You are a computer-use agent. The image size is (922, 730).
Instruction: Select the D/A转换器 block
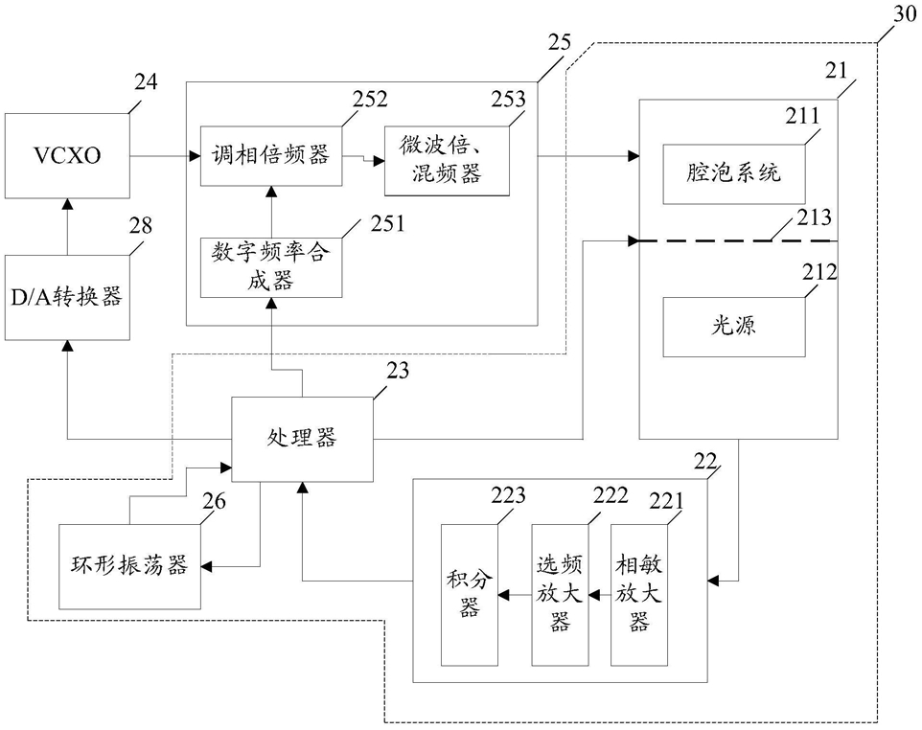(x=66, y=297)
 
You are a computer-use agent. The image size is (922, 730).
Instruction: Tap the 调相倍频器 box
(x=271, y=154)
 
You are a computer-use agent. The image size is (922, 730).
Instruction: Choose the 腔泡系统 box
(x=734, y=172)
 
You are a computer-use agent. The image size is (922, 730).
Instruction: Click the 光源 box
(x=734, y=327)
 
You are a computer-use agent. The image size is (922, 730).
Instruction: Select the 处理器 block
(x=302, y=439)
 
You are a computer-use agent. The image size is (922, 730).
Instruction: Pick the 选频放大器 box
(x=560, y=594)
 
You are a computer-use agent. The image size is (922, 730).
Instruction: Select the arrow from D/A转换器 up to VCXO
(x=66, y=228)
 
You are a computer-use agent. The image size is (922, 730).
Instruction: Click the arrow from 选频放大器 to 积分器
(x=518, y=596)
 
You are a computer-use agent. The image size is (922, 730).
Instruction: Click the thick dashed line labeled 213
(x=738, y=240)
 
